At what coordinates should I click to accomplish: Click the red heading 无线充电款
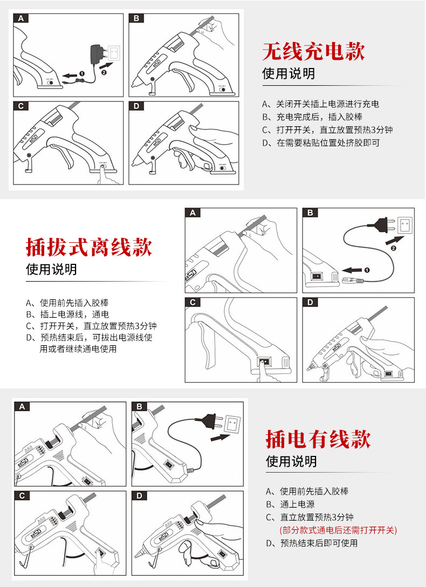313,51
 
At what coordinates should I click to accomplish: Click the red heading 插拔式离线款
89,247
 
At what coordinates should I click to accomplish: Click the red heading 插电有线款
318,439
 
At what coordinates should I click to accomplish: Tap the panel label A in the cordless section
20,18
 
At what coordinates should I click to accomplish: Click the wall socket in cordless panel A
115,53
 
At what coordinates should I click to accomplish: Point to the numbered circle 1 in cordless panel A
81,73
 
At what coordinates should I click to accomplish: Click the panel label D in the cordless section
136,106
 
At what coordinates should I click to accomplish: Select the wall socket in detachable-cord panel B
405,223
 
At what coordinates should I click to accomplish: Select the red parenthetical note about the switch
338,530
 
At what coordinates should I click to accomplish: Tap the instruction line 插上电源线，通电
68,315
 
